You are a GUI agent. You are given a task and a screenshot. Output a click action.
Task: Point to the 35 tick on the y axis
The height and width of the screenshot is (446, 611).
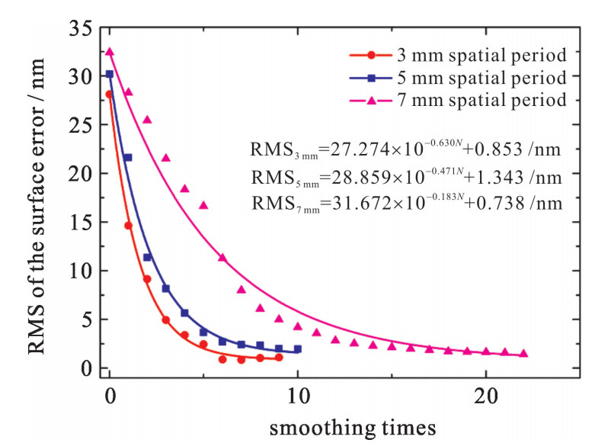pos(79,29)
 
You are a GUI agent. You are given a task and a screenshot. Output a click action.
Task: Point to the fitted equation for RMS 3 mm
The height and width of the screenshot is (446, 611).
pos(405,150)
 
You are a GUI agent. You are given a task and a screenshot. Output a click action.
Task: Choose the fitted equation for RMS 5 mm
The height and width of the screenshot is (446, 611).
pos(405,178)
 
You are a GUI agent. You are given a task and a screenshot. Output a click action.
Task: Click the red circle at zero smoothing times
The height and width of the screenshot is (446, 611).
pos(110,95)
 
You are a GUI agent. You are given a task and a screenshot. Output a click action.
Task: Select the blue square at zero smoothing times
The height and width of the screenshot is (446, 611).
pos(110,74)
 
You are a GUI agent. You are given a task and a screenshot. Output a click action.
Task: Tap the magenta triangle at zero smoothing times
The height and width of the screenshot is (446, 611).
pos(110,52)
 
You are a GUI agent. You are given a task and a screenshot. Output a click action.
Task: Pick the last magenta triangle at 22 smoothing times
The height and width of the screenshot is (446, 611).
pos(523,353)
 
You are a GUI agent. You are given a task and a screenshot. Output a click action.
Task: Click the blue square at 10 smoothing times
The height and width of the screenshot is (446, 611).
pos(297,349)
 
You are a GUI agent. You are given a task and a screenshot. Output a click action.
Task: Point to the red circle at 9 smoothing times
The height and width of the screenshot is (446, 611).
pos(279,358)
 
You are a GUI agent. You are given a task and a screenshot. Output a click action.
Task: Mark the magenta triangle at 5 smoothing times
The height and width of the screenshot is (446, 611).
pos(203,205)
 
